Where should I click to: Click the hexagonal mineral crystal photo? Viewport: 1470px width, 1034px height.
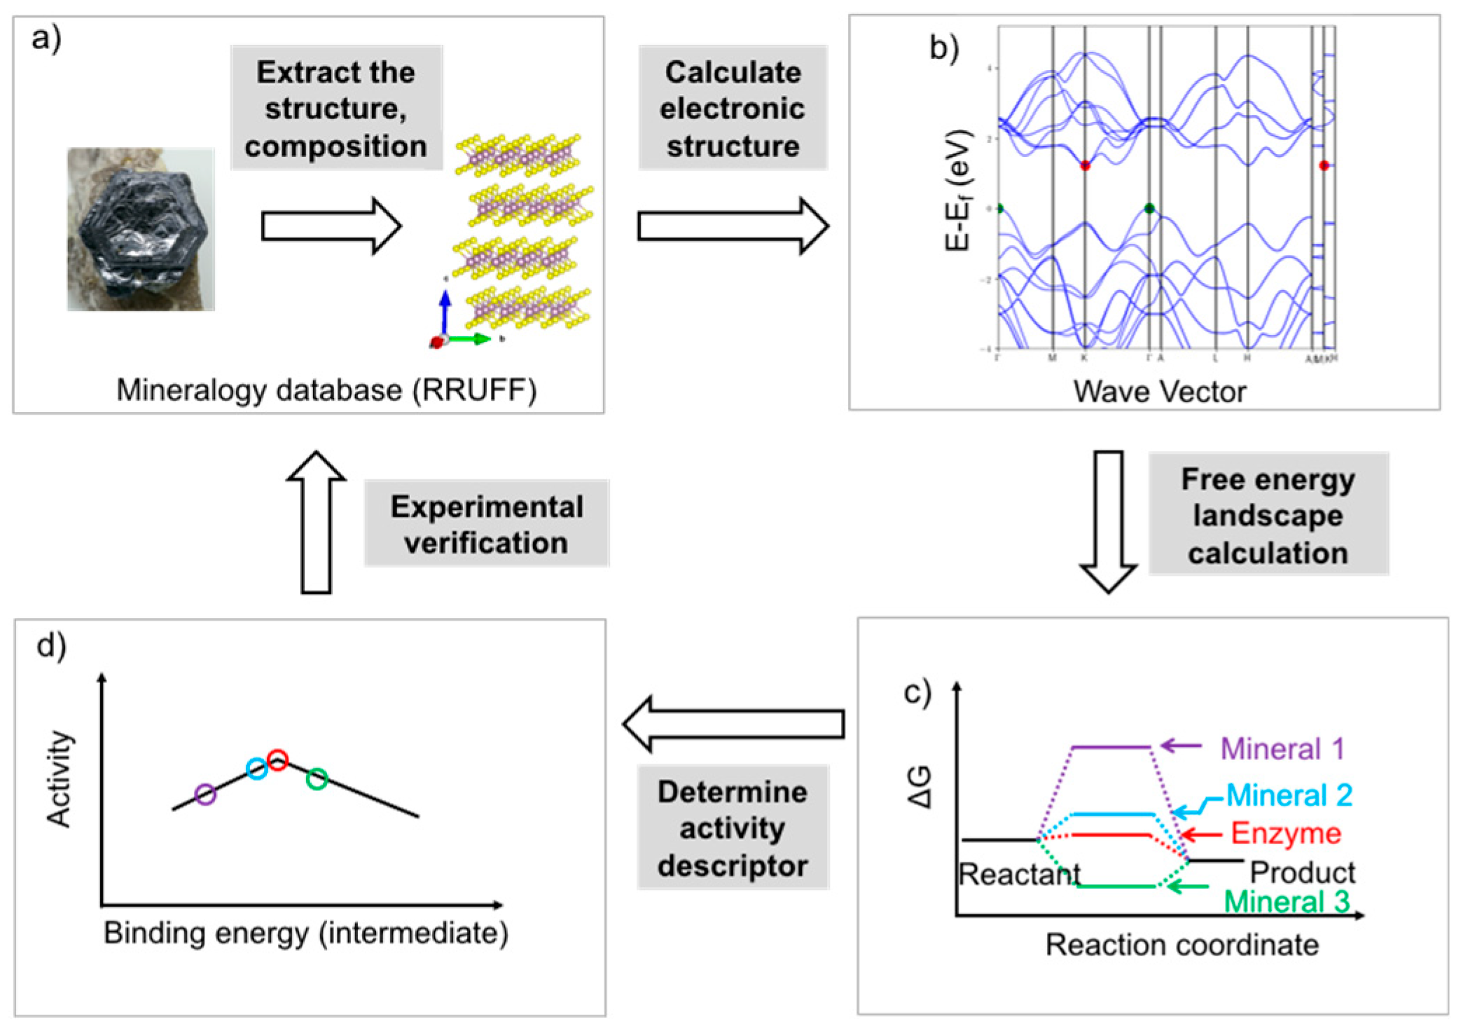pyautogui.click(x=141, y=228)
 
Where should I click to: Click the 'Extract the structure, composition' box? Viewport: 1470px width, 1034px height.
pyautogui.click(x=336, y=109)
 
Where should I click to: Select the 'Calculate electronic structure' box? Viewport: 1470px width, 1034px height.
pyautogui.click(x=733, y=109)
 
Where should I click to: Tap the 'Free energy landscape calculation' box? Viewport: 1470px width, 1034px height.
pyautogui.click(x=1268, y=515)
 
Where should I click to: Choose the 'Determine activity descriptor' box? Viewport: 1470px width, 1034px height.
pyautogui.click(x=733, y=828)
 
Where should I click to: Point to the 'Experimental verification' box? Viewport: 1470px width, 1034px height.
pyautogui.click(x=486, y=524)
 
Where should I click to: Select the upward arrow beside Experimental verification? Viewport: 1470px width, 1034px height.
pyautogui.click(x=316, y=522)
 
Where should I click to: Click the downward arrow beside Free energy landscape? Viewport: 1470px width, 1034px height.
pyautogui.click(x=1108, y=522)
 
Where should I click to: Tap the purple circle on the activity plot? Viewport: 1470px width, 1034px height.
pyautogui.click(x=205, y=794)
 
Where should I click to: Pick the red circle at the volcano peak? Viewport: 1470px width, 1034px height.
pyautogui.click(x=278, y=759)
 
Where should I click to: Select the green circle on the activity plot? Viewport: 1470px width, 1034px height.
pyautogui.click(x=317, y=778)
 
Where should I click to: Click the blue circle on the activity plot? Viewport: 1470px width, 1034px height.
pyautogui.click(x=257, y=768)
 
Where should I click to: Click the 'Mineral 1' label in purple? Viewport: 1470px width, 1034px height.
pyautogui.click(x=1282, y=748)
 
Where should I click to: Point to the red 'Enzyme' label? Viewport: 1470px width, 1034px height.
pyautogui.click(x=1286, y=834)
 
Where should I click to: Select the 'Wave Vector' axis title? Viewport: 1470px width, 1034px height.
pyautogui.click(x=1160, y=392)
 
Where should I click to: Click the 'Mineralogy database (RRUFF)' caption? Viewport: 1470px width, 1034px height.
pyautogui.click(x=326, y=390)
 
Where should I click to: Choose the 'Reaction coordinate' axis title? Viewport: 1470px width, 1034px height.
pyautogui.click(x=1182, y=945)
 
